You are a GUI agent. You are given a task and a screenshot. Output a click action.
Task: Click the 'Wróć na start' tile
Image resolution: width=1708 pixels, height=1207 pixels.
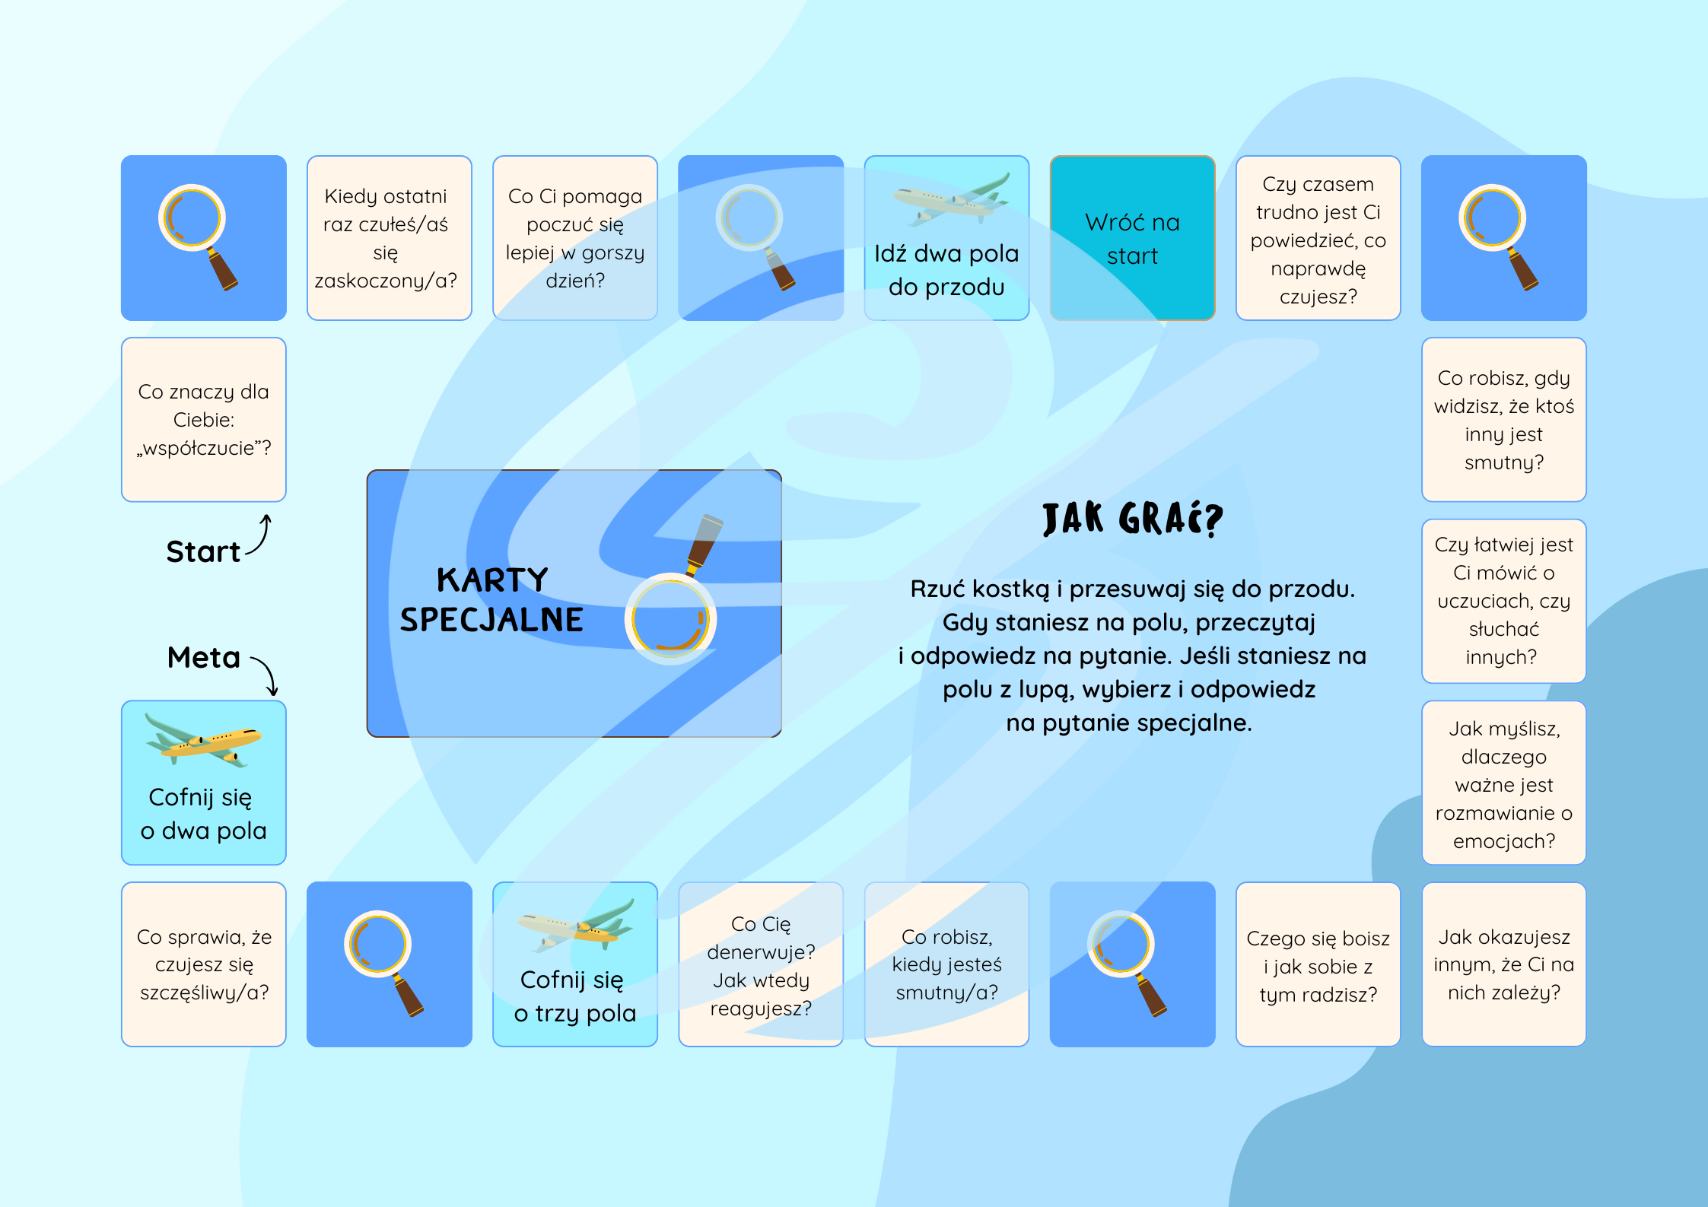point(1132,238)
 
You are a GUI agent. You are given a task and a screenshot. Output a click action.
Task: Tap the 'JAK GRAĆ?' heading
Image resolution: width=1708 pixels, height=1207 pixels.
point(1132,519)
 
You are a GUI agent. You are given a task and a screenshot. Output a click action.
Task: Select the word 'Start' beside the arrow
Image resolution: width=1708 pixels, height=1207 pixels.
point(203,551)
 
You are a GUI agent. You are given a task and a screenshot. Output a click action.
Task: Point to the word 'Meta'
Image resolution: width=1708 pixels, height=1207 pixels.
point(204,657)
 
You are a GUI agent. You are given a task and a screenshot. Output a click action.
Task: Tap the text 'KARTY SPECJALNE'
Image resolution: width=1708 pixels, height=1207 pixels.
point(491,599)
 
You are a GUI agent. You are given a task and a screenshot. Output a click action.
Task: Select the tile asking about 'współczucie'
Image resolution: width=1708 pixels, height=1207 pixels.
point(204,420)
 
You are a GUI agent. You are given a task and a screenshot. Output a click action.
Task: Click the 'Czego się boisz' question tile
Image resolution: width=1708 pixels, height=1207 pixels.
point(1318,964)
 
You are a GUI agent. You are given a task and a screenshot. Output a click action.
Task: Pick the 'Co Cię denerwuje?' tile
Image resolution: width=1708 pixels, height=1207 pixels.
point(761,964)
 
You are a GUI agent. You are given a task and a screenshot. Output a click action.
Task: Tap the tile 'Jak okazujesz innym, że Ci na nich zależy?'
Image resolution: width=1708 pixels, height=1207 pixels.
point(1504,964)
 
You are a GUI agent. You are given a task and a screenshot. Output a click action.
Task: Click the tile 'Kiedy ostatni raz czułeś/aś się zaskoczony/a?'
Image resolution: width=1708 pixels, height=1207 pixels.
point(390,238)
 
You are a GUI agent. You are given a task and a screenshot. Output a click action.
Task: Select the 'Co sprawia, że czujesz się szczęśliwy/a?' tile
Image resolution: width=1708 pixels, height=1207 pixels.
point(204,964)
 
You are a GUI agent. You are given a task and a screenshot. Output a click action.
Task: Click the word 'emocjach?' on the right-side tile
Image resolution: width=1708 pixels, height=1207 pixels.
point(1504,841)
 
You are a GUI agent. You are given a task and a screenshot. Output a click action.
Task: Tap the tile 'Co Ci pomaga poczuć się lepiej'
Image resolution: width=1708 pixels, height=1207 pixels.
point(575,238)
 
